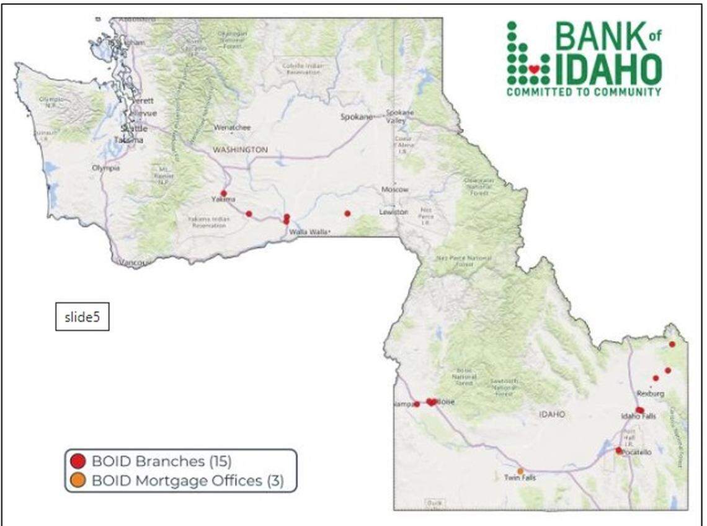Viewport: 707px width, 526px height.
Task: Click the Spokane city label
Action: [357, 117]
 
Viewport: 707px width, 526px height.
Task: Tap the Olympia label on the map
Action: [105, 168]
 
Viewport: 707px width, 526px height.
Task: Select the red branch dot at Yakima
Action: [223, 194]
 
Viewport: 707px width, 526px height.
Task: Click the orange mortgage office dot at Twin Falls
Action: [520, 471]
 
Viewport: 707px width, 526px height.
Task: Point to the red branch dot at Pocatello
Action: [618, 450]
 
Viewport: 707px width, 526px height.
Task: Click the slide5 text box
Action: [82, 317]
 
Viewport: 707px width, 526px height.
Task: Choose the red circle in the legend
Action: [78, 461]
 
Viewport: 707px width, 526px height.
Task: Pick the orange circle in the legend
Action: [78, 480]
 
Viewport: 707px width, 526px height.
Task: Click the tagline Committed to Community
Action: [584, 92]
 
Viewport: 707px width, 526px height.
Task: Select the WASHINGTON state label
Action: [240, 149]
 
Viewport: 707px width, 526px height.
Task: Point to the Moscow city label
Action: [395, 189]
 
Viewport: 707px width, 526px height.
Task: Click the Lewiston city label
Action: [394, 212]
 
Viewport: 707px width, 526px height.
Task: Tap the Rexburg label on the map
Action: [651, 394]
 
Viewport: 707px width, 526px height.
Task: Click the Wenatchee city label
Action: [233, 127]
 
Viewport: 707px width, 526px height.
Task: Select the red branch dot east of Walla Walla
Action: [347, 213]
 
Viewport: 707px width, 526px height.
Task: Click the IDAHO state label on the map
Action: [552, 414]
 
